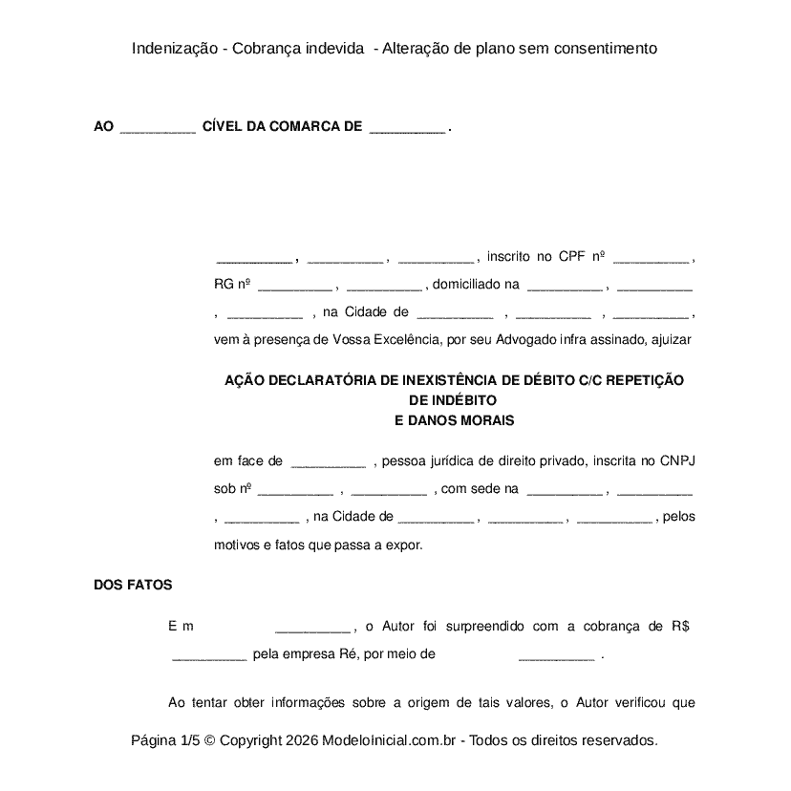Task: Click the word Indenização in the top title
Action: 176,48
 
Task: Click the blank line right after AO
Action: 158,128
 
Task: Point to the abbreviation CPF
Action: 571,256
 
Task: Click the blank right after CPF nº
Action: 651,259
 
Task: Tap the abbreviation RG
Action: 223,284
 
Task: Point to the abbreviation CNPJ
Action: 677,460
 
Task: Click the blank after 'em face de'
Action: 328,463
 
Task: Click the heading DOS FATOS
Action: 133,585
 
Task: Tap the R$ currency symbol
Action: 680,627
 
